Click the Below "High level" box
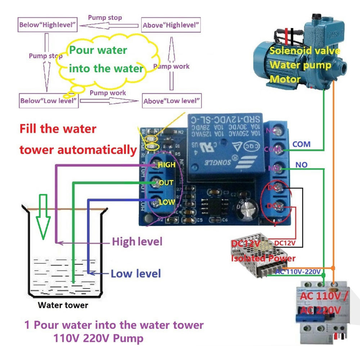tap(48, 25)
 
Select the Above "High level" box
tap(171, 26)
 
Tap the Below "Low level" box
tap(49, 101)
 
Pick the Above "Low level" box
tap(171, 101)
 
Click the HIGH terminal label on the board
tap(166, 165)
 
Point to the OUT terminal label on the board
tap(166, 183)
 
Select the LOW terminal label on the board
tap(167, 202)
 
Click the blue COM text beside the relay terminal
tap(301, 144)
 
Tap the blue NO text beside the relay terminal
tap(301, 165)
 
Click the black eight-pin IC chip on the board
tap(215, 206)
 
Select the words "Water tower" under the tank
tap(63, 305)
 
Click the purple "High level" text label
tap(137, 242)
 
